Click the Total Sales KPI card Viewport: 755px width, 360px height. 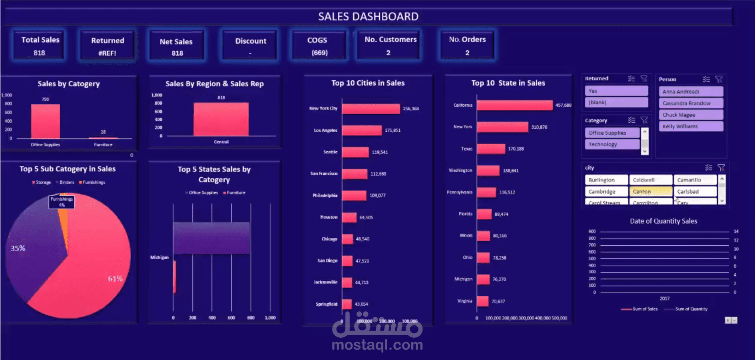point(40,46)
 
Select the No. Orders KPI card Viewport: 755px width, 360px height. point(467,46)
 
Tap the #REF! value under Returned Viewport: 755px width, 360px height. point(107,53)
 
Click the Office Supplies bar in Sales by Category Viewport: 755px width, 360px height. point(46,121)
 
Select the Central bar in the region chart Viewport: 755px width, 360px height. point(221,119)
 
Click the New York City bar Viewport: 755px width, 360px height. point(371,109)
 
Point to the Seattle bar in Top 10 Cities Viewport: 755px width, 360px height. point(355,152)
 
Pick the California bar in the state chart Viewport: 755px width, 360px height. point(514,105)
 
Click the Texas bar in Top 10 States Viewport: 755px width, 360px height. point(491,149)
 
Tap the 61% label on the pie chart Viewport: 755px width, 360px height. point(115,279)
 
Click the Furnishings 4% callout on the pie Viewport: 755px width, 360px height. point(62,202)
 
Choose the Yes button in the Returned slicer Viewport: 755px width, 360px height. point(616,91)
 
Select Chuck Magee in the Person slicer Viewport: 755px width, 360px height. point(690,115)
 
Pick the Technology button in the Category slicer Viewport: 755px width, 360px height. point(612,144)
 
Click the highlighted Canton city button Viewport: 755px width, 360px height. point(650,192)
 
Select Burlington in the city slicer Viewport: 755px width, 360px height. point(606,180)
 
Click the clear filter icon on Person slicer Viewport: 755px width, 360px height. point(719,80)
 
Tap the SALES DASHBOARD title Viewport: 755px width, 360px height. point(368,17)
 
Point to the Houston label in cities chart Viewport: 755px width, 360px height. point(329,217)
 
